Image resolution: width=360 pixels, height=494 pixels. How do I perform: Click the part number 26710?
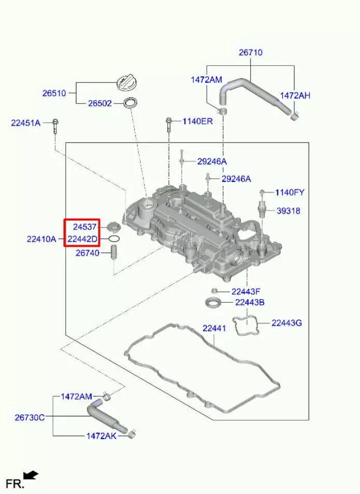point(251,52)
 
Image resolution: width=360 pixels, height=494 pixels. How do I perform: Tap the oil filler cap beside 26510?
point(127,83)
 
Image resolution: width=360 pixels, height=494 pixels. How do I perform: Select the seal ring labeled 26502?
point(130,103)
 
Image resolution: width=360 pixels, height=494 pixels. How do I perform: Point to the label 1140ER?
point(198,121)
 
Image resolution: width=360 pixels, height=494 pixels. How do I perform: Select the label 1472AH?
point(295,95)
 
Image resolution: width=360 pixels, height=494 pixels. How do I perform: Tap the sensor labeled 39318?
point(262,210)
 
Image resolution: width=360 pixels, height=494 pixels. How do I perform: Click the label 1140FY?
point(290,192)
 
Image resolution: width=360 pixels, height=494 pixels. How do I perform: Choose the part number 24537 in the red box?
point(84,227)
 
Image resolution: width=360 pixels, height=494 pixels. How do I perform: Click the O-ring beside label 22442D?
point(114,239)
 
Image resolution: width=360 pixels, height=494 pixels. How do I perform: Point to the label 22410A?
point(41,239)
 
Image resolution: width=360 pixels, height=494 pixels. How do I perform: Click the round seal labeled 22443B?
point(213,303)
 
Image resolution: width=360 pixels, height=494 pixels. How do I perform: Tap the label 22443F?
point(246,291)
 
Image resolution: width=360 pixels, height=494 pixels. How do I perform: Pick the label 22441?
point(214,328)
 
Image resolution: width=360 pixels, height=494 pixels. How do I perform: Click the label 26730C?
point(30,417)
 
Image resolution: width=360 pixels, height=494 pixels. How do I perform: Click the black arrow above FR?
point(31,475)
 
